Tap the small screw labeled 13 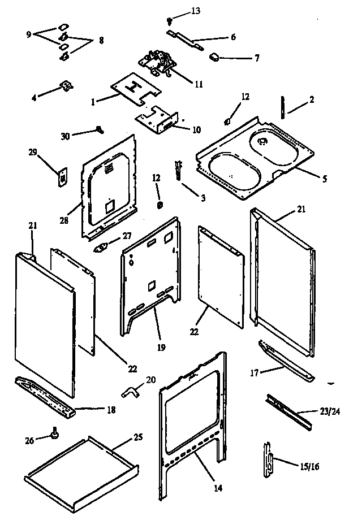tap(168, 20)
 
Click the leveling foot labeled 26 tap(55, 433)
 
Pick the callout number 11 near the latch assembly tap(199, 85)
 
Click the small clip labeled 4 tap(67, 86)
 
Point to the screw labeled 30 tap(100, 130)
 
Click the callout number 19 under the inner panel tap(160, 348)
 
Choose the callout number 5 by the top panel tap(324, 180)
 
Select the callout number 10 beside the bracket tap(196, 129)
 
